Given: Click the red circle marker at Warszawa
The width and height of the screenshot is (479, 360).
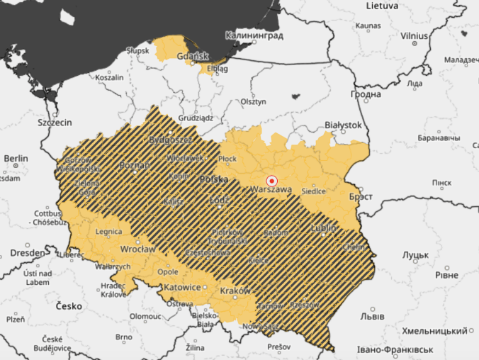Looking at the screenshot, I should point(271,181).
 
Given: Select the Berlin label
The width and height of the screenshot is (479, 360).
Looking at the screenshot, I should point(16,158).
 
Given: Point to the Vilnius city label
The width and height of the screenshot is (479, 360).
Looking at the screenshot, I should point(414,35).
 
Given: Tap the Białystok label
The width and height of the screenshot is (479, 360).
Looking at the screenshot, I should point(342,125).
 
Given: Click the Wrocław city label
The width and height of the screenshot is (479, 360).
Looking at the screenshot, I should point(137,249).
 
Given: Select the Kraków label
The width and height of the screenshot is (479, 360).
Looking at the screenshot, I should point(236,291).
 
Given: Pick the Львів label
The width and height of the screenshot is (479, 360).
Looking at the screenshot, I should point(373,315).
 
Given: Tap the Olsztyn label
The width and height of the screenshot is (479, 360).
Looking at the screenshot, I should point(252,102).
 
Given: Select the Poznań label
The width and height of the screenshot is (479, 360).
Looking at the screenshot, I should point(135,165).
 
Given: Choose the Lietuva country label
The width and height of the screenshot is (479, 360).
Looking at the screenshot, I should point(383,6).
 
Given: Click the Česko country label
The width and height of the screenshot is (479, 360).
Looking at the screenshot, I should point(69,306).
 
